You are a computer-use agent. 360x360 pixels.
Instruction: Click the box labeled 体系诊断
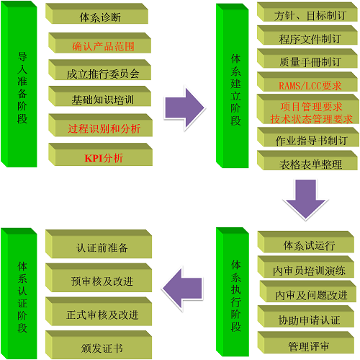(96, 14)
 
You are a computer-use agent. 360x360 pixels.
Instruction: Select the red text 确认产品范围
(103, 46)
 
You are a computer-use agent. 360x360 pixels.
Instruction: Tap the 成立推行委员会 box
(99, 70)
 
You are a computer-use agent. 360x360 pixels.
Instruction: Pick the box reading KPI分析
(100, 154)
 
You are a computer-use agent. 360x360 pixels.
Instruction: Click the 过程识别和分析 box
(100, 126)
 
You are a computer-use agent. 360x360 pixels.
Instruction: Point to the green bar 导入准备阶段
(19, 84)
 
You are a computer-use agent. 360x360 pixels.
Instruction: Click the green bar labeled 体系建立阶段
(233, 86)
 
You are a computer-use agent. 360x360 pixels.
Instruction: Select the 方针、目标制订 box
(307, 12)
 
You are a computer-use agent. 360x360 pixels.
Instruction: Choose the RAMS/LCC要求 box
(307, 82)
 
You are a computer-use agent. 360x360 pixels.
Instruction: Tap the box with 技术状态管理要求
(308, 109)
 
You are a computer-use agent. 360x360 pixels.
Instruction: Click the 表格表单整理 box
(307, 160)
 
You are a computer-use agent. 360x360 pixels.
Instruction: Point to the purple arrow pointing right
(184, 107)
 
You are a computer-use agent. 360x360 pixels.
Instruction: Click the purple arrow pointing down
(305, 199)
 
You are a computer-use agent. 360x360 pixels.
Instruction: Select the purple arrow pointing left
(182, 289)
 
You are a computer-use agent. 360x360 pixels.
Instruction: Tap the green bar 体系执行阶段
(233, 292)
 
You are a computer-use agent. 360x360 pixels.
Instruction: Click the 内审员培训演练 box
(306, 267)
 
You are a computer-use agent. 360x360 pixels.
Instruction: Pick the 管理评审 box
(306, 343)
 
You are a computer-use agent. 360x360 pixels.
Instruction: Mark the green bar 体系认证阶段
(19, 294)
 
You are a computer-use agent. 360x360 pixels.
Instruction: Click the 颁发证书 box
(99, 345)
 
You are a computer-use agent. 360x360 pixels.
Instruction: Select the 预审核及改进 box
(99, 278)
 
